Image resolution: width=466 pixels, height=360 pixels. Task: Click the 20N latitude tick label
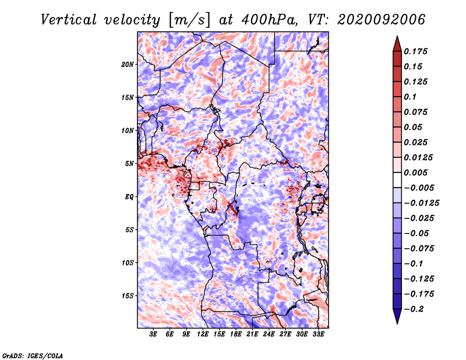[128, 65]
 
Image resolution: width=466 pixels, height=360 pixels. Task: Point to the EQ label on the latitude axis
[129, 197]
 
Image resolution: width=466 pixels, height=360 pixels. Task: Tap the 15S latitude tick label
[128, 296]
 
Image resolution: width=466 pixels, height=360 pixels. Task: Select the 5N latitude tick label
[129, 164]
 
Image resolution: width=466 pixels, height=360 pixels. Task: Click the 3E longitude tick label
[153, 334]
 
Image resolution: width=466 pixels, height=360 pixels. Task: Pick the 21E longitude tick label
[252, 334]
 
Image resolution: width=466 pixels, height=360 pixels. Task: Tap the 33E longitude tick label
[318, 334]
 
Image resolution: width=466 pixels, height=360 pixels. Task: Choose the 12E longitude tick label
[203, 334]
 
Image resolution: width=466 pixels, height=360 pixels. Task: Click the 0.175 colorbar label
[415, 51]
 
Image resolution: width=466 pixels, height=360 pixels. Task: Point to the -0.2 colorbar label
[414, 309]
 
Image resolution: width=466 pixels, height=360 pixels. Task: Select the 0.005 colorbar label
[415, 172]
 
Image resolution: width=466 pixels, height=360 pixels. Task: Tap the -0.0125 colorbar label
[421, 203]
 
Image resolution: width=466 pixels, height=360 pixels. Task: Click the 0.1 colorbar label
[410, 97]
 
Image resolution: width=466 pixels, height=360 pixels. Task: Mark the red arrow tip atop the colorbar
[397, 37]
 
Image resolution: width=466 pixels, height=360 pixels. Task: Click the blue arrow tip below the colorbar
[397, 323]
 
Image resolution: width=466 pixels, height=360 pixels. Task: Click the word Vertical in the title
[69, 20]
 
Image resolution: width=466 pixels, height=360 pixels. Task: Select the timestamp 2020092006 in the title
[381, 20]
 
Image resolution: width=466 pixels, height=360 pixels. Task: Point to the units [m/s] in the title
[189, 20]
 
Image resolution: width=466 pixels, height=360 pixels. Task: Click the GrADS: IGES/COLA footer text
[33, 355]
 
